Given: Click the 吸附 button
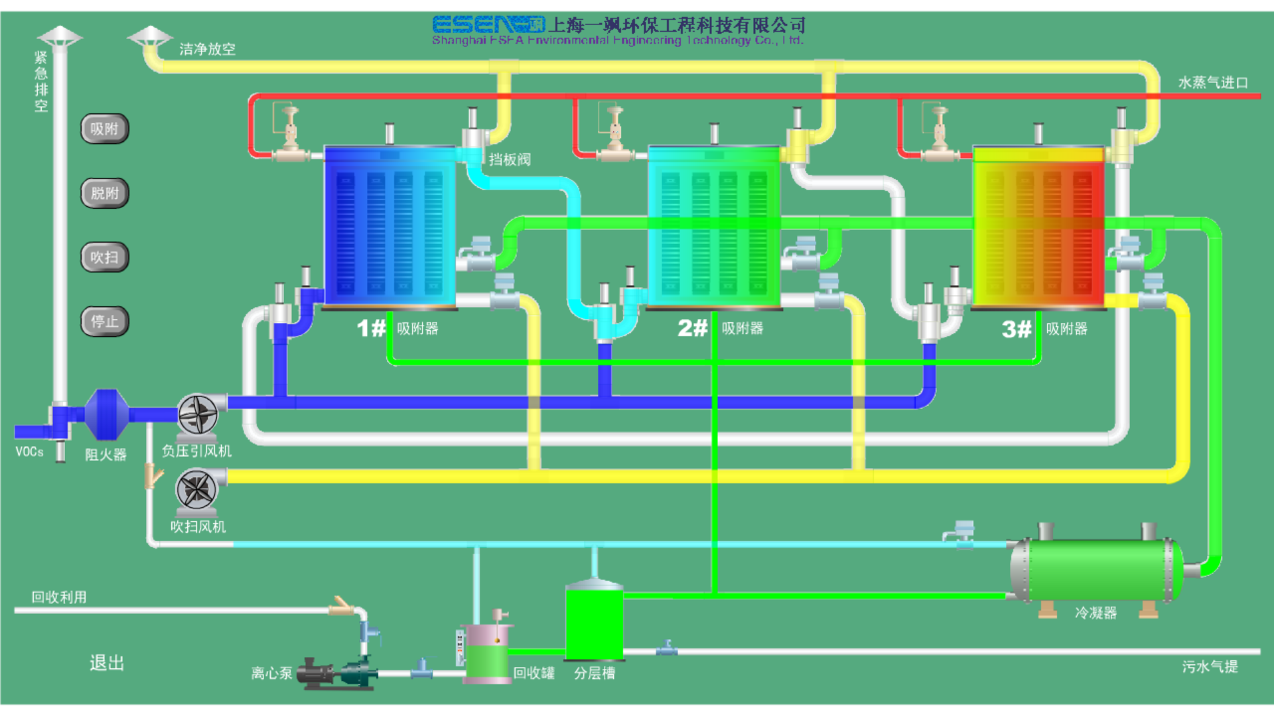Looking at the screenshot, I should click(x=104, y=129).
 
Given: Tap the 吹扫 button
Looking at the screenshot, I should click(x=104, y=257).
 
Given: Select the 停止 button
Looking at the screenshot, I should click(x=104, y=322).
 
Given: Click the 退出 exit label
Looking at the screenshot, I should click(x=107, y=663).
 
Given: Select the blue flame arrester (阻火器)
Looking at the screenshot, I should click(x=106, y=415).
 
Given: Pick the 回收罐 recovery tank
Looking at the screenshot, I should click(x=487, y=653).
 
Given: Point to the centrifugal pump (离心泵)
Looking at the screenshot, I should click(x=336, y=674).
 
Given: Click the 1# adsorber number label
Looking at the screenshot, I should click(x=371, y=328).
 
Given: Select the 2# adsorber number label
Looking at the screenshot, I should click(x=692, y=328).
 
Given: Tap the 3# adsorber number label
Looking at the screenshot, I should click(x=1017, y=329).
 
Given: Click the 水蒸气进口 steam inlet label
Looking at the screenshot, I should click(x=1213, y=83).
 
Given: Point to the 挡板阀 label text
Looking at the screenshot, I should click(x=510, y=160).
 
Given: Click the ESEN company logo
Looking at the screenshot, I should click(x=488, y=25).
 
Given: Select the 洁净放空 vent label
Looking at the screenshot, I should click(x=207, y=49).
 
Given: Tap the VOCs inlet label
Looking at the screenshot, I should click(x=29, y=452).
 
